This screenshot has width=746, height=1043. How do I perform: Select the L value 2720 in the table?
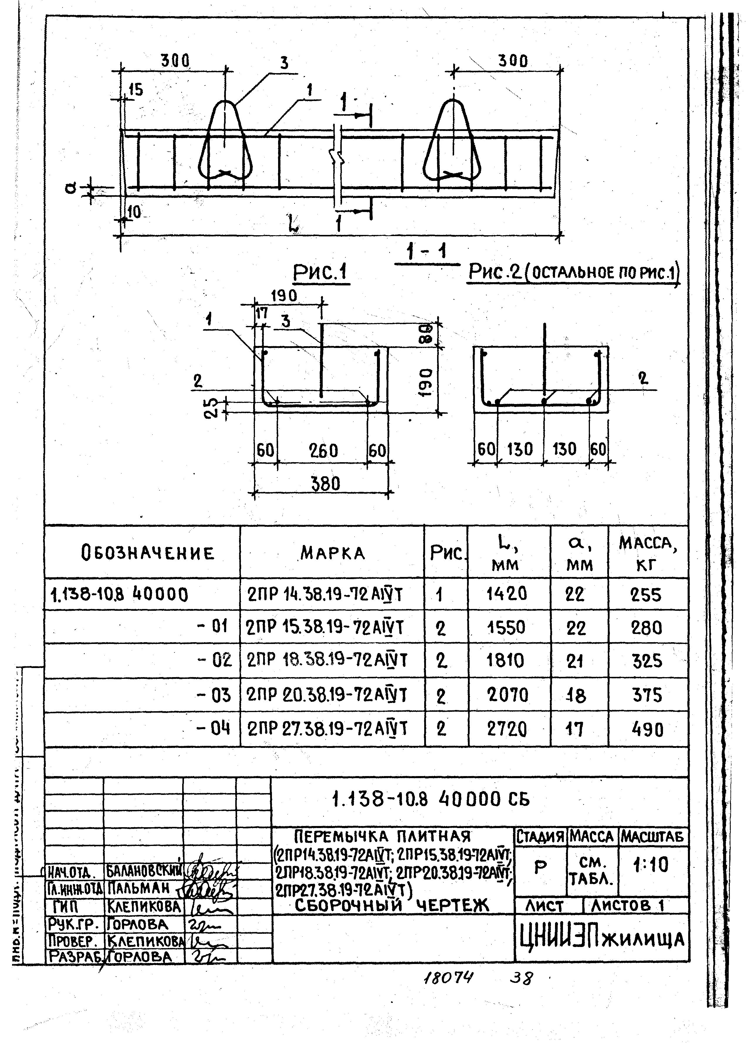(x=507, y=729)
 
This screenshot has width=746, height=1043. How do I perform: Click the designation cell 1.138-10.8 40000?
(x=119, y=595)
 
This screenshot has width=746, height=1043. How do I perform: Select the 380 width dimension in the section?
(x=325, y=484)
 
